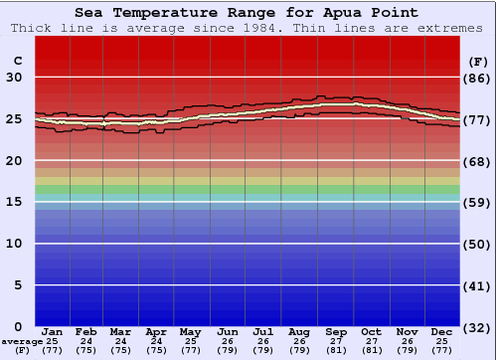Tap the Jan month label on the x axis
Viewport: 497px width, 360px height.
click(53, 331)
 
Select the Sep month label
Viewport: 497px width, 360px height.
click(336, 331)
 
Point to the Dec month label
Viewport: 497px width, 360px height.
click(443, 331)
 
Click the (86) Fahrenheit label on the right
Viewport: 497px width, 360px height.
click(478, 78)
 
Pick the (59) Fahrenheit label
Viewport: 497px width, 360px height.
click(478, 202)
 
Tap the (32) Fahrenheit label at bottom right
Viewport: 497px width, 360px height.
click(478, 327)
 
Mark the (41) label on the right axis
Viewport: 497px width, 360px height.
click(478, 285)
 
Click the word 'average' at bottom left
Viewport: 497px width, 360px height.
click(22, 341)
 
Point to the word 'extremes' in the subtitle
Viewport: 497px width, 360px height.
click(454, 28)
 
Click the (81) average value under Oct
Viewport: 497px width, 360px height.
click(371, 350)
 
